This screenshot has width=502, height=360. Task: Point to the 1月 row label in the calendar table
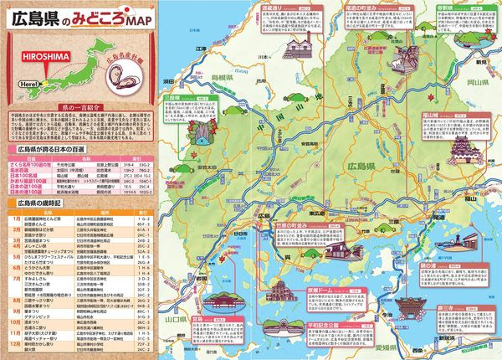pyautogui.click(x=17, y=218)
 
